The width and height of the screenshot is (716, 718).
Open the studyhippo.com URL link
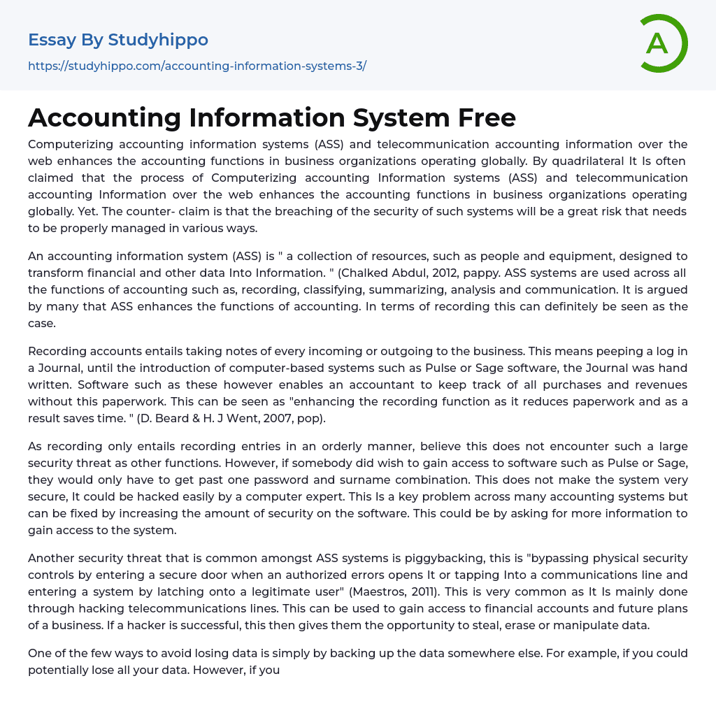coord(197,66)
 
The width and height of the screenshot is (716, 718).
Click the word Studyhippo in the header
coord(158,40)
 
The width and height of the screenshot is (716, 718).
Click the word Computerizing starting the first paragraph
coord(69,145)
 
